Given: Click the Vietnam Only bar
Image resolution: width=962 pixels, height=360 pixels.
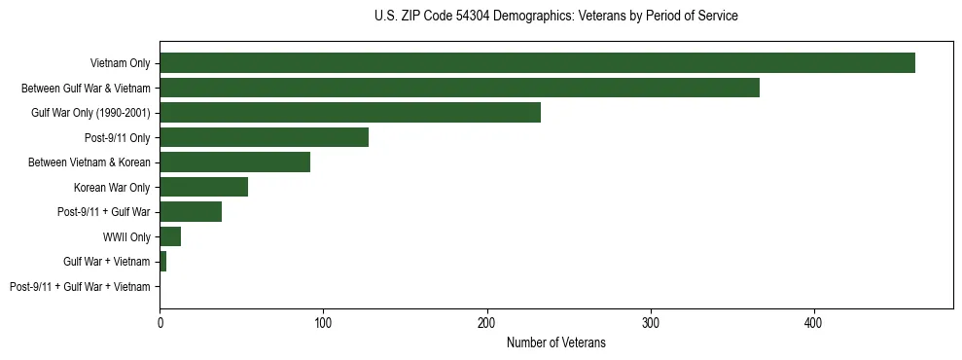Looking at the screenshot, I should pos(537,63).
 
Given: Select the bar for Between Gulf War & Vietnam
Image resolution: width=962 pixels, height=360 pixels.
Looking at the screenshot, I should pos(459,88).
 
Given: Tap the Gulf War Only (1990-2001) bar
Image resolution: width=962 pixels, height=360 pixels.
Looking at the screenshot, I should pos(350,113).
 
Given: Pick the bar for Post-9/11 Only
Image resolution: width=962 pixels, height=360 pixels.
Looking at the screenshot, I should pos(264,137).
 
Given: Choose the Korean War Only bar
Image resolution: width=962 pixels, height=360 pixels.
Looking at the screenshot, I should pos(203,187).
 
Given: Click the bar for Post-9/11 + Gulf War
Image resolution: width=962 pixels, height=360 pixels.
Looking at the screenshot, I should pos(191,212).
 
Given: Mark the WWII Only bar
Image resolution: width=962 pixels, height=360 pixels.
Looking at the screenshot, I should pos(170,236).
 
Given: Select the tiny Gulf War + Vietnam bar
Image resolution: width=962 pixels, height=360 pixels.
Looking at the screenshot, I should pos(162,262).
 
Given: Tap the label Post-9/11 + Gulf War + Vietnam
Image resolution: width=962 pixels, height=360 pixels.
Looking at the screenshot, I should pos(80,287).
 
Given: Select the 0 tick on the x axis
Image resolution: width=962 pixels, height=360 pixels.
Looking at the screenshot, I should pos(160,322).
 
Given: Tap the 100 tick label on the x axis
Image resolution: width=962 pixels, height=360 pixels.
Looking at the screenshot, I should pos(323,322).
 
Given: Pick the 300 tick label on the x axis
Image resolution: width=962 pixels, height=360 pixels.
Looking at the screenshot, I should pos(651,322).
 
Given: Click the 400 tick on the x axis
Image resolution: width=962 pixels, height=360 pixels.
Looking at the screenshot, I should pos(814,322).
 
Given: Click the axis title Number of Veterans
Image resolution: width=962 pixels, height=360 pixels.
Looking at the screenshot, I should pos(555,342).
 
